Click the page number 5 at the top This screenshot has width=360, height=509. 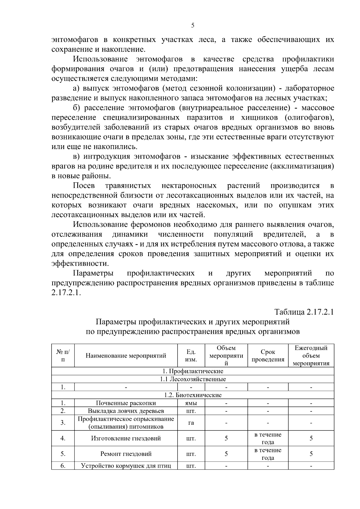coord(193,25)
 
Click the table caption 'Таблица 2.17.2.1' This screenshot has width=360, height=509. coord(304,312)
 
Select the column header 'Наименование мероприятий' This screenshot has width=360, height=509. coord(126,356)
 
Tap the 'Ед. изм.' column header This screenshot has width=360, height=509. coord(191,356)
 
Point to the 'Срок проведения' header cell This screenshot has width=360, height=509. coord(268,356)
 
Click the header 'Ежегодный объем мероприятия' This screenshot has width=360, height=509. coord(311,356)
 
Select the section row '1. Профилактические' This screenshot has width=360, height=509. coord(193,371)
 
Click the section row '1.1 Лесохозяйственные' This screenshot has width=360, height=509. coord(193,379)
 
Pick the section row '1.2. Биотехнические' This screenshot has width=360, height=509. coord(193,395)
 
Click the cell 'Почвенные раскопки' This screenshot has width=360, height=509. coord(126,403)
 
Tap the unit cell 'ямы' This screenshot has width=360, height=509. coord(191,403)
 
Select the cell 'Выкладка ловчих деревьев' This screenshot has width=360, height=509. coord(126,411)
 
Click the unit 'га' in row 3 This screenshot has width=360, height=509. coord(191,423)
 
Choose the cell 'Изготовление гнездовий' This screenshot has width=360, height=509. coord(126,439)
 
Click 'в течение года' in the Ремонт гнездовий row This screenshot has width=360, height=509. coord(268,454)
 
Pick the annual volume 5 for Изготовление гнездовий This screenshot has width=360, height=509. coord(311,439)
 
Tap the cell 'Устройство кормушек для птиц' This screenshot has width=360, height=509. coord(126,466)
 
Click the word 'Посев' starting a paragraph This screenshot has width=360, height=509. coord(84,186)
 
